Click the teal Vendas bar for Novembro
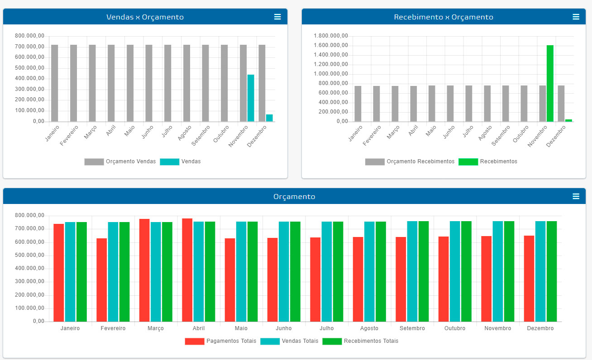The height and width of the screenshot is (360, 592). (251, 98)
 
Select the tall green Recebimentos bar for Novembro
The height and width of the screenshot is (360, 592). (550, 83)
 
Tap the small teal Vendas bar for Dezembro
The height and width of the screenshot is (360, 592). (269, 118)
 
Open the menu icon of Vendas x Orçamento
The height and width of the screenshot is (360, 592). (277, 17)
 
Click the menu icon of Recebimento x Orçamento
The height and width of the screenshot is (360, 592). (576, 17)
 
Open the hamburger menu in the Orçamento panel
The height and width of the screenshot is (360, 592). (576, 196)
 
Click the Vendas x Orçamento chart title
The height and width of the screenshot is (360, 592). (145, 17)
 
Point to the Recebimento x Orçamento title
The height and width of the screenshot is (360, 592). (444, 17)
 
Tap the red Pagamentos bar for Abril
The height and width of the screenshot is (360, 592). (187, 270)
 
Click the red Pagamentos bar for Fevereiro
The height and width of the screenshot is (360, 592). (101, 280)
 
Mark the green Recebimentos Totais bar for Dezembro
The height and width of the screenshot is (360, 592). (552, 271)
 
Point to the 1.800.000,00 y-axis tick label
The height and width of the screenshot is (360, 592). (330, 36)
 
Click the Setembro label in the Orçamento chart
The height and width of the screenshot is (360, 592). (412, 328)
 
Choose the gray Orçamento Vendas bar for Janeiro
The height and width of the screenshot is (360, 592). (55, 83)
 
